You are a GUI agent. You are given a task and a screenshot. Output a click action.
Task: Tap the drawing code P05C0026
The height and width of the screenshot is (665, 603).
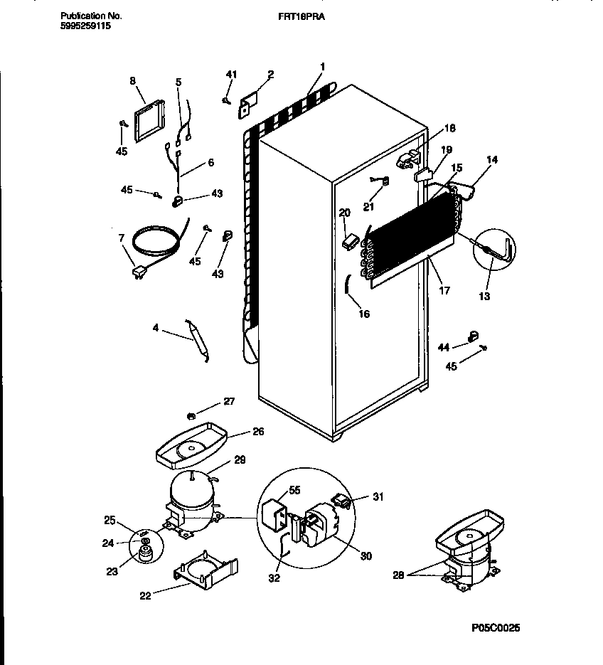pos(496,628)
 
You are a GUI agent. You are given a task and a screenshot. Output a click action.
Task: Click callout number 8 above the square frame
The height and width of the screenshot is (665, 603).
pos(132,81)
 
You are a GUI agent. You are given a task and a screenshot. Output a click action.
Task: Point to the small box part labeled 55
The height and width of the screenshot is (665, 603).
pos(275,513)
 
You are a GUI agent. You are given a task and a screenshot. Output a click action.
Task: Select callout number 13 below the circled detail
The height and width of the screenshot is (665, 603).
pos(484,296)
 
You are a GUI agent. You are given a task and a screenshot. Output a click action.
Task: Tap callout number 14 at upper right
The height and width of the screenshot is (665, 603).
pos(491,160)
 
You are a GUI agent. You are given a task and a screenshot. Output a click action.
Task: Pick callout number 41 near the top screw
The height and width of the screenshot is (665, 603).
pos(230,74)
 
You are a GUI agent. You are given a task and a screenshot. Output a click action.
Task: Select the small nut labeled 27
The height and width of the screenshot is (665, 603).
pos(191,415)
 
